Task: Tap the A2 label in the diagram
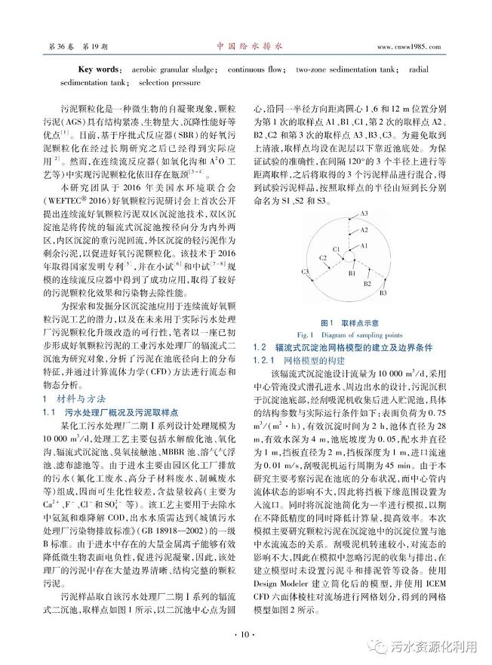pyautogui.click(x=364, y=229)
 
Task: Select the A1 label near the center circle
pyautogui.click(x=363, y=246)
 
